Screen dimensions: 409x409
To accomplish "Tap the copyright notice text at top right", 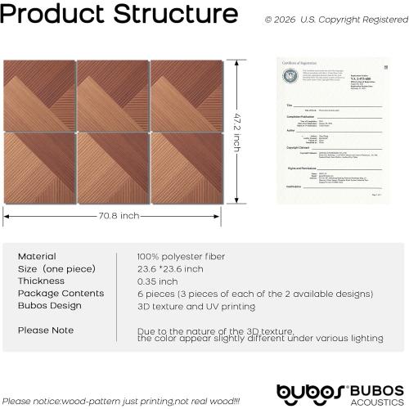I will pyautogui.click(x=335, y=18).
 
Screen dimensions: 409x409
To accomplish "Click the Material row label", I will pyautogui.click(x=37, y=256).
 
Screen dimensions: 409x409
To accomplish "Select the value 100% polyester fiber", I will pyautogui.click(x=179, y=256).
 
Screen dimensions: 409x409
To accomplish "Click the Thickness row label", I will pyautogui.click(x=42, y=281).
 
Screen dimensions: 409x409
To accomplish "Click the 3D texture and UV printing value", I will pyautogui.click(x=196, y=305).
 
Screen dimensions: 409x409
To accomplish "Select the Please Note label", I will pyautogui.click(x=46, y=330).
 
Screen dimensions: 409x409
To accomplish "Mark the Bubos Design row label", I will pyautogui.click(x=50, y=305).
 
